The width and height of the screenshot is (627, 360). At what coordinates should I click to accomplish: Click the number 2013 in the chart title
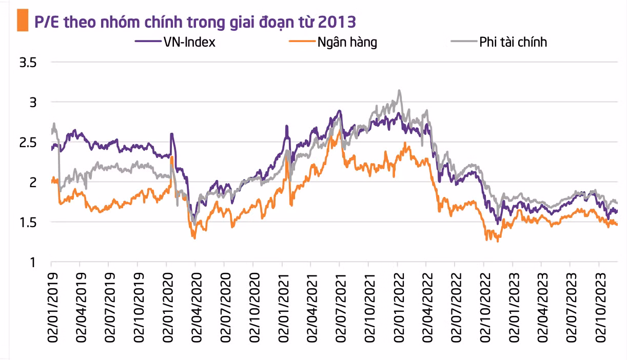point(338,22)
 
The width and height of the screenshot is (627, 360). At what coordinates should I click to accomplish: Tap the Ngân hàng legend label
point(347,42)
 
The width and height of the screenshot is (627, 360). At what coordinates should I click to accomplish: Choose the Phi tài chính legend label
point(513,42)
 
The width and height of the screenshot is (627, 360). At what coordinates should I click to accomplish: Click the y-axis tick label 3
point(32,103)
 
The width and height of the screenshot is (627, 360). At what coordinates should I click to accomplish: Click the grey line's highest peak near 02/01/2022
point(399,91)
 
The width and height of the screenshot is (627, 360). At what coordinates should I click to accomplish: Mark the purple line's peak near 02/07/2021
point(339,111)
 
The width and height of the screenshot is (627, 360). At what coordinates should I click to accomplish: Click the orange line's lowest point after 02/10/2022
point(497,241)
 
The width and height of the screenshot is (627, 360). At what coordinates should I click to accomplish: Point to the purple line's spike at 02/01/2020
point(171,134)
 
